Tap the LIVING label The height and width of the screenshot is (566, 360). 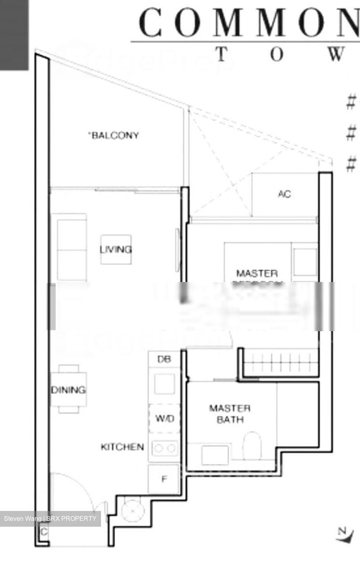click(x=116, y=249)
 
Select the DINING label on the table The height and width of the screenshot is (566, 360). click(x=68, y=390)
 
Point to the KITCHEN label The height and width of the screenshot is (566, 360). click(x=122, y=447)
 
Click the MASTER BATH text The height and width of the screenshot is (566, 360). click(x=230, y=414)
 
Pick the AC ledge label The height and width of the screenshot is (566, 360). click(x=285, y=194)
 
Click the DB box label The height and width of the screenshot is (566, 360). click(x=164, y=359)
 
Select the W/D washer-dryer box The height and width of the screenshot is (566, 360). click(x=164, y=418)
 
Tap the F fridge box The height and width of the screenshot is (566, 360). click(x=164, y=479)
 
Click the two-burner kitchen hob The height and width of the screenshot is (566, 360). click(x=165, y=448)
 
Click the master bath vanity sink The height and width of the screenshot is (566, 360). click(x=215, y=455)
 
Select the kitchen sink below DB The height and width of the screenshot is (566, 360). click(x=164, y=384)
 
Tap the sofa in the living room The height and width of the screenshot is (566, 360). click(x=72, y=247)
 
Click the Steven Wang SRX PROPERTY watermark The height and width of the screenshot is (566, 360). click(x=50, y=518)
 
